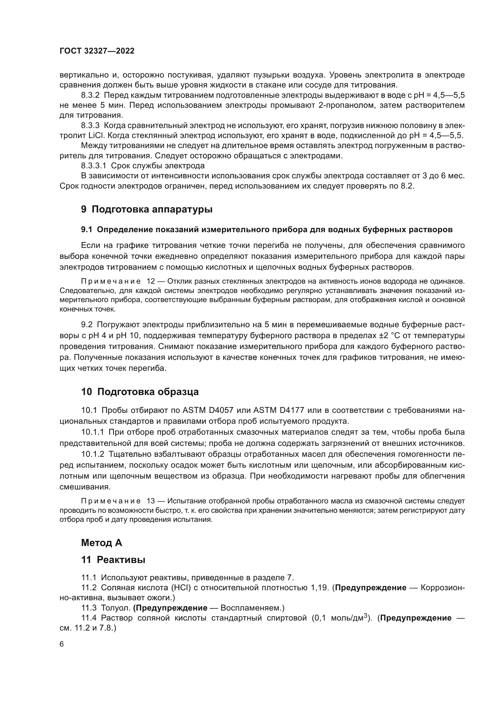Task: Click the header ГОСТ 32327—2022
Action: click(97, 51)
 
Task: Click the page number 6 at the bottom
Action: click(62, 644)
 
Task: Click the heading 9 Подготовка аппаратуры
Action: click(147, 209)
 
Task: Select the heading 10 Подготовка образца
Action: click(140, 392)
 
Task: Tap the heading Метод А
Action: click(101, 542)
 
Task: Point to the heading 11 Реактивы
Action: click(113, 560)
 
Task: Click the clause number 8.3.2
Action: click(90, 95)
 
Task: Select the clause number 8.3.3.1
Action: click(94, 166)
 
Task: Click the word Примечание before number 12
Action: click(111, 282)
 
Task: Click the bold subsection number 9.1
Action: click(87, 230)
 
